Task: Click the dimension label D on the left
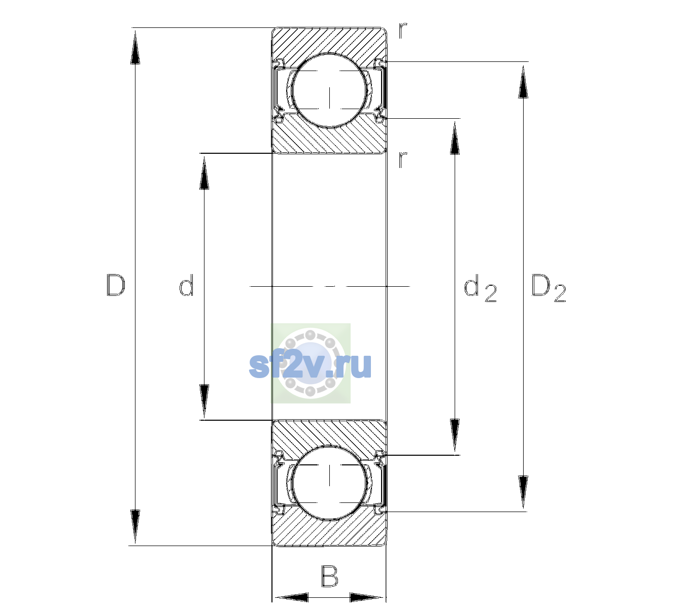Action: [x=116, y=285]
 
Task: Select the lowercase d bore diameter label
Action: [x=186, y=285]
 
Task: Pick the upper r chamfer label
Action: [x=403, y=30]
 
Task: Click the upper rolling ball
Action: [x=330, y=90]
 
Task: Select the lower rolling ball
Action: [x=330, y=483]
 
